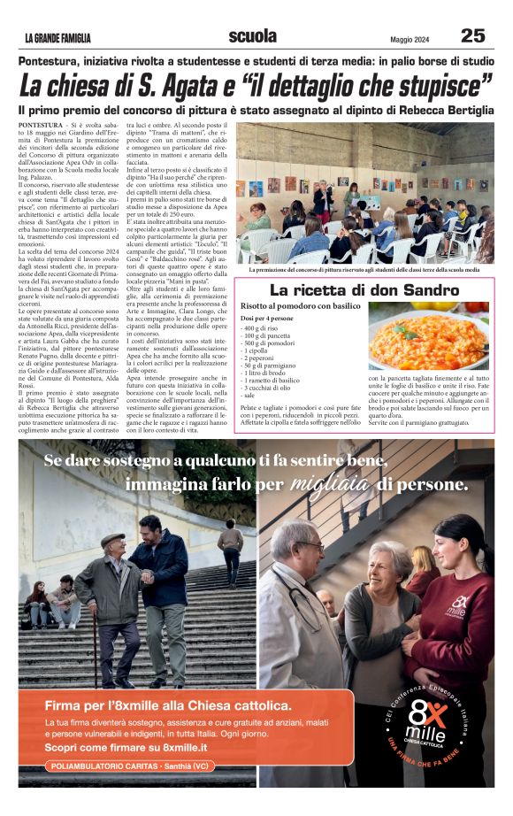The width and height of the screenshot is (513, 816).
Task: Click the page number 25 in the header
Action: point(472,35)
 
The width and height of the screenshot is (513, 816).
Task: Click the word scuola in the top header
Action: point(252,36)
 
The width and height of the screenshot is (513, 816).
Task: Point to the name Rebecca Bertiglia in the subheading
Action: point(440,110)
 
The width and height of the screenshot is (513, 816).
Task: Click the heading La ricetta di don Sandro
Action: point(364,290)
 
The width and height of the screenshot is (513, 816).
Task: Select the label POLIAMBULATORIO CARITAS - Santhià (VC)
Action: point(126,765)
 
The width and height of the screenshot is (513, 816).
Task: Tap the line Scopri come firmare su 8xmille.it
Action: point(132,747)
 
